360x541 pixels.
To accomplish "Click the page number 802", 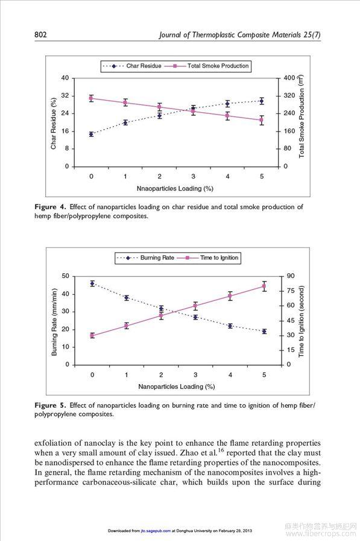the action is tap(40, 34).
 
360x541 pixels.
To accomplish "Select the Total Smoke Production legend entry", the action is tap(207, 66).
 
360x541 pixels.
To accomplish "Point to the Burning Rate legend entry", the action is tap(145, 258).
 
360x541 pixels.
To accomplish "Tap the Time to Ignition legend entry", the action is tap(208, 258).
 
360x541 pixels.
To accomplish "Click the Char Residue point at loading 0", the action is tap(91, 134).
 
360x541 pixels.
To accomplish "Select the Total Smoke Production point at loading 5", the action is tap(261, 120).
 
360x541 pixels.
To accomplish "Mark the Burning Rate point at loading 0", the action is tap(92, 283).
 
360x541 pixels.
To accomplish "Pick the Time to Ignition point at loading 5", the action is tap(264, 286).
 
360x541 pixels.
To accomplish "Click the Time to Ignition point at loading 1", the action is tap(127, 326).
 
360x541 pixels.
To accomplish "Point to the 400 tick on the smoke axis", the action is tap(289, 78).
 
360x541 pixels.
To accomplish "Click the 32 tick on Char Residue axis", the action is tap(65, 95).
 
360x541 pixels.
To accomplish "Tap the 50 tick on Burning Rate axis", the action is tap(65, 276).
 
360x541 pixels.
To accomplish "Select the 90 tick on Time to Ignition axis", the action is tap(291, 276).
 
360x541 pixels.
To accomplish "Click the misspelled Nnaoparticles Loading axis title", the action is tap(175, 188).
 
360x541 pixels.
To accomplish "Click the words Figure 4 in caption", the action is tap(50, 207).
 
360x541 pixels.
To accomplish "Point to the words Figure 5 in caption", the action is tap(50, 405).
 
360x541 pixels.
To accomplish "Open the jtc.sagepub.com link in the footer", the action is tap(156, 531).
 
